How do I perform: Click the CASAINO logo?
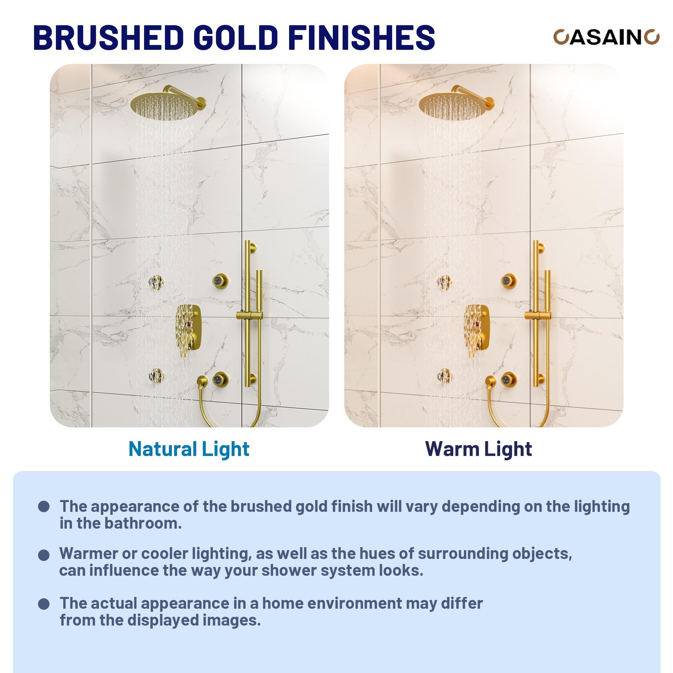coord(606,37)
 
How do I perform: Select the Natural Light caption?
coord(189,449)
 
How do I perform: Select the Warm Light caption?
coord(478,449)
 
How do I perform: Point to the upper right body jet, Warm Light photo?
coord(508,280)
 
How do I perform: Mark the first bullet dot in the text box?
coord(44,507)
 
